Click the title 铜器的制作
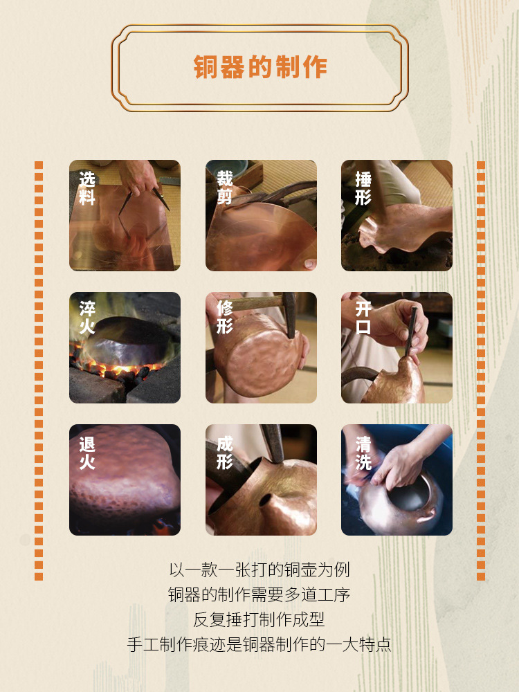[x=259, y=67]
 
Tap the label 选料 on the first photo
[x=87, y=188]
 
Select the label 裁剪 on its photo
[x=224, y=188]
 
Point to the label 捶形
[x=363, y=188]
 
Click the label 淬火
[x=87, y=318]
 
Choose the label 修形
[x=224, y=317]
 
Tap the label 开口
[x=363, y=318]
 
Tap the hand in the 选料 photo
[x=138, y=179]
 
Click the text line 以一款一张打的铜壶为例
[x=259, y=570]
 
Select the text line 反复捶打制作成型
[x=259, y=619]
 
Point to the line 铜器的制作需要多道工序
[x=259, y=594]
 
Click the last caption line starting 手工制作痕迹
[x=259, y=644]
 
